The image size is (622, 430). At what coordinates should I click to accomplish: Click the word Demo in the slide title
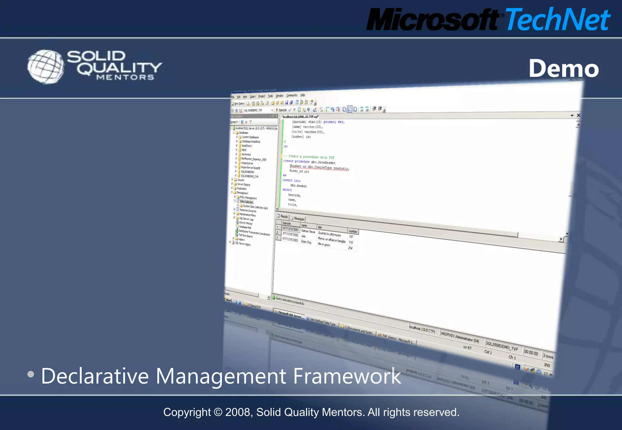(x=564, y=69)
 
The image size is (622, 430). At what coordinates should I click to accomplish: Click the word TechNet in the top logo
(x=558, y=20)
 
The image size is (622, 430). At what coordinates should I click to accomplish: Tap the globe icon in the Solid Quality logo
(x=46, y=67)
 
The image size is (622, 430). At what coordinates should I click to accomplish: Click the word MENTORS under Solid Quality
(x=125, y=77)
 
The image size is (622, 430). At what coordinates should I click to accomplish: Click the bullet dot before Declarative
(x=31, y=374)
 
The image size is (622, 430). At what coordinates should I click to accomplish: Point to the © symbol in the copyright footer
(x=218, y=412)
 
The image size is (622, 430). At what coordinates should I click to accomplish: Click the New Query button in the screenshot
(x=238, y=104)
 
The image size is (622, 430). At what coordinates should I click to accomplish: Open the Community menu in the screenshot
(x=292, y=96)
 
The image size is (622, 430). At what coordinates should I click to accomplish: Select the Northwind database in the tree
(x=246, y=155)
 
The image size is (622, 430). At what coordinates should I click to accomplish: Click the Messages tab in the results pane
(x=298, y=219)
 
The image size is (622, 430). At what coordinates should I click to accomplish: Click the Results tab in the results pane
(x=283, y=217)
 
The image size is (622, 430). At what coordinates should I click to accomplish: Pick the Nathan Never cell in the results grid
(x=308, y=231)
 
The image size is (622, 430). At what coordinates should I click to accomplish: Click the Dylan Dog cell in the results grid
(x=306, y=242)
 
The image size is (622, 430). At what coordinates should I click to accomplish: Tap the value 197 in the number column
(x=351, y=237)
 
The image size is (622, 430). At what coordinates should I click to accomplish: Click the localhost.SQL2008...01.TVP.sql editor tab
(x=300, y=117)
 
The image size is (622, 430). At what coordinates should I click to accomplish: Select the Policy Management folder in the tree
(x=248, y=198)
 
